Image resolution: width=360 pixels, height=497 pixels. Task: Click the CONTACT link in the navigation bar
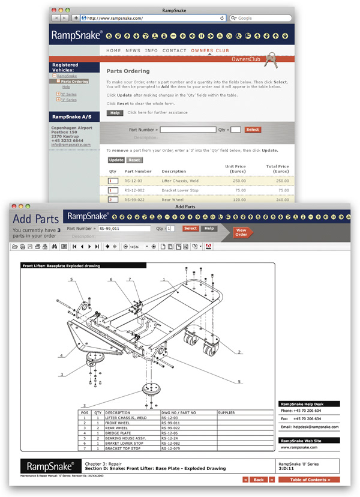(x=175, y=51)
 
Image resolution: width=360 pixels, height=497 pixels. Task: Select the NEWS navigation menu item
(x=133, y=51)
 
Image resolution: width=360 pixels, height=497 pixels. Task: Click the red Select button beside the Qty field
(x=253, y=130)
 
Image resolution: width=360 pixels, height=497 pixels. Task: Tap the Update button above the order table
(x=116, y=160)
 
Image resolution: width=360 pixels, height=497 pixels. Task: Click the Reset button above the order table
(x=134, y=160)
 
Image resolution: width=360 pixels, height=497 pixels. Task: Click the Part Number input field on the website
(x=188, y=130)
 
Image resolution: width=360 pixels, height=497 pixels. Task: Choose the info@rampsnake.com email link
(x=71, y=145)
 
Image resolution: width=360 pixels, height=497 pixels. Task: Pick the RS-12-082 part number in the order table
(x=135, y=190)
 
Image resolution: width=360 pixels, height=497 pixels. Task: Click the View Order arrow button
(x=241, y=232)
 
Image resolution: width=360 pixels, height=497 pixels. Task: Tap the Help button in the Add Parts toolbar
(x=209, y=229)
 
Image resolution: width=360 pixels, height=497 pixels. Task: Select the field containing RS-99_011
(x=124, y=229)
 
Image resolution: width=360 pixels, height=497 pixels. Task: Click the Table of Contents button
(x=308, y=480)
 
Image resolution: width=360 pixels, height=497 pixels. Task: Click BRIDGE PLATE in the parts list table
(x=118, y=433)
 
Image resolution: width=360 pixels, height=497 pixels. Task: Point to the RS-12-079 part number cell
(x=171, y=448)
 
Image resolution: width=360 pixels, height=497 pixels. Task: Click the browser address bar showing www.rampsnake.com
(x=150, y=18)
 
